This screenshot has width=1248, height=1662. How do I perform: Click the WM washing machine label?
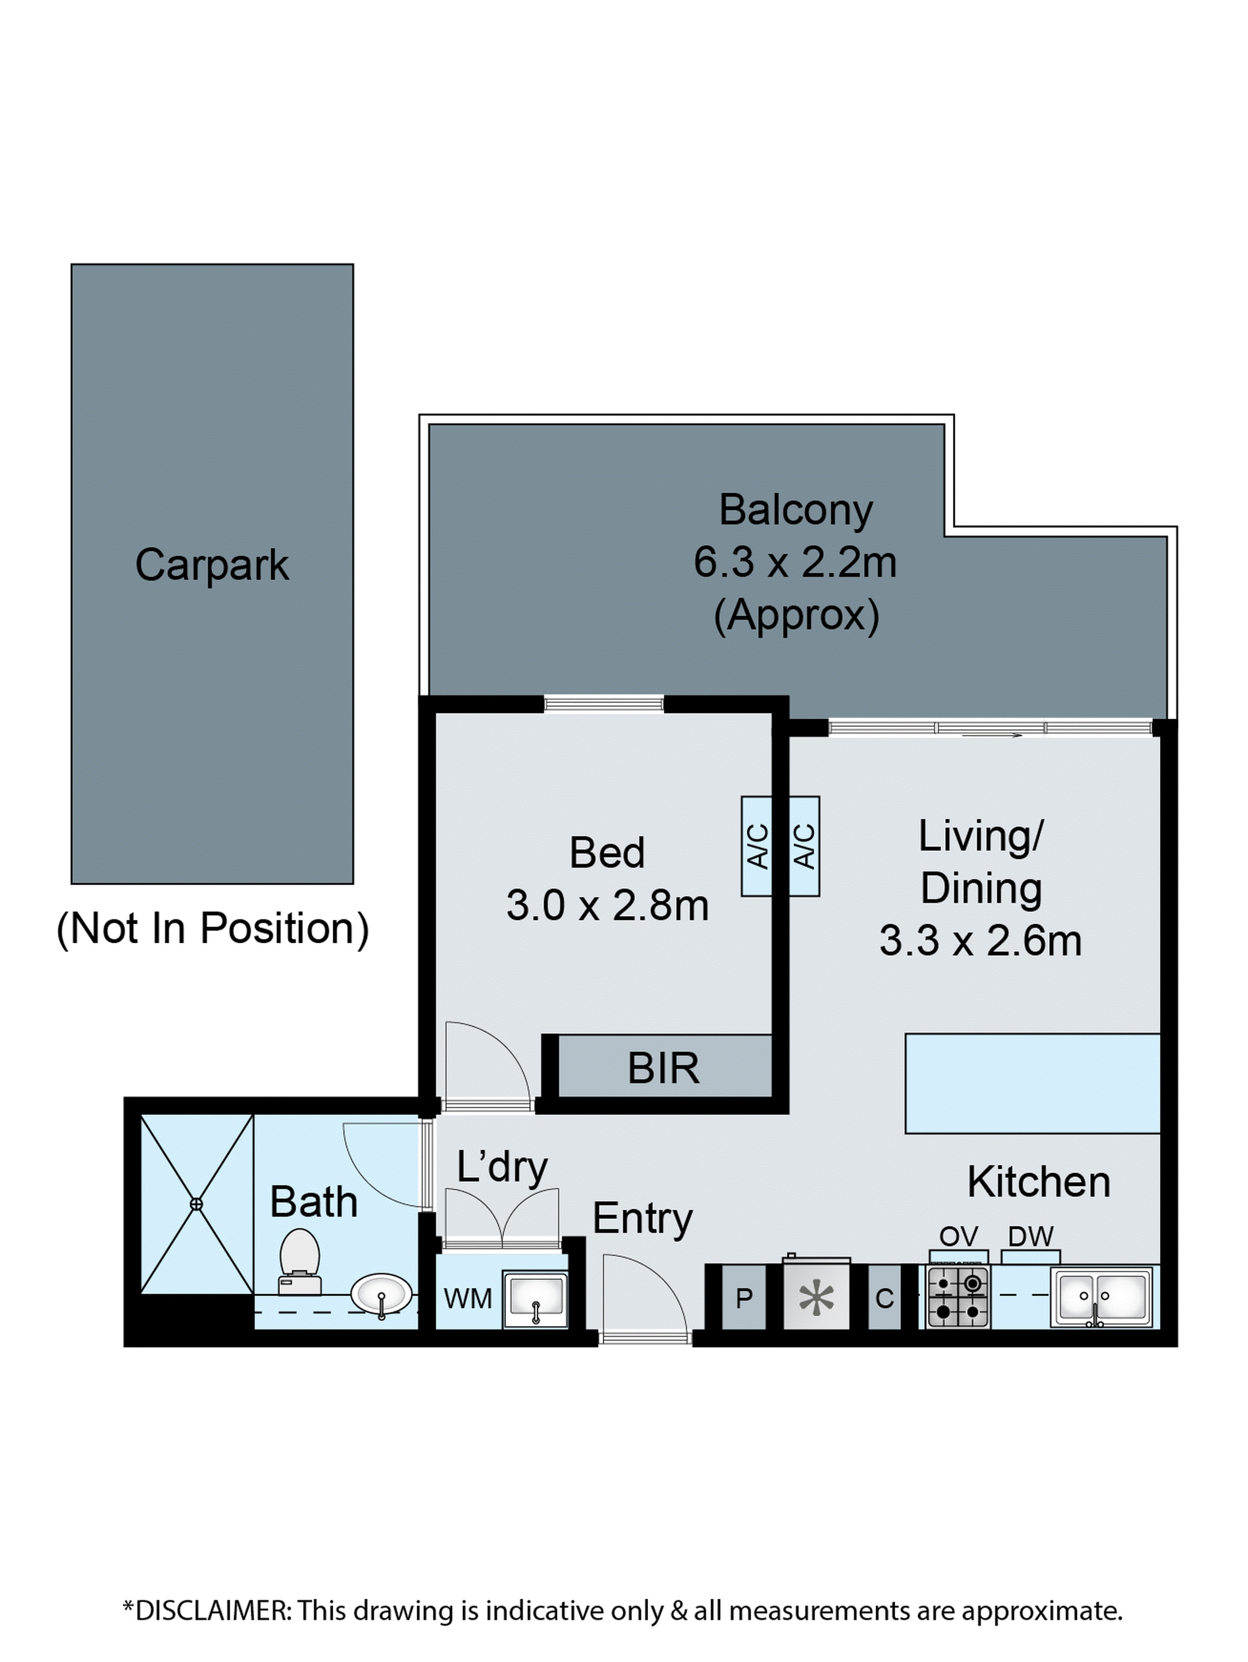(468, 1298)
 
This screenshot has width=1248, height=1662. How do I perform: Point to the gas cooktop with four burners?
(957, 1297)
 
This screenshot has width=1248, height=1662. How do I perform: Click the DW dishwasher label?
(1030, 1236)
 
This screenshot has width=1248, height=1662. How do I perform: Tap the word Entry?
(642, 1219)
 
